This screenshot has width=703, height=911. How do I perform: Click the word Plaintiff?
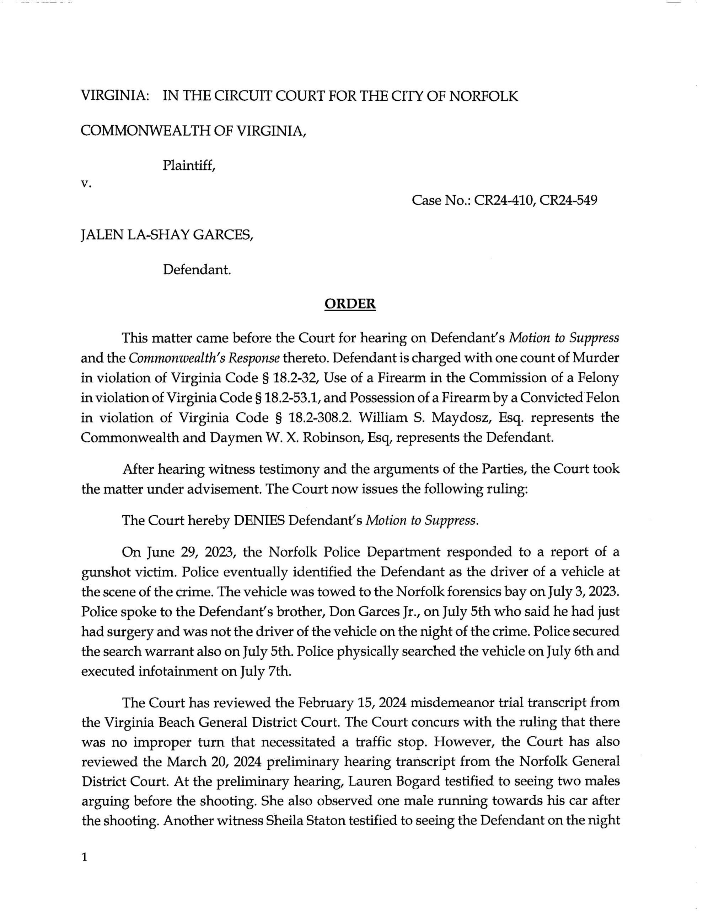(x=189, y=166)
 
